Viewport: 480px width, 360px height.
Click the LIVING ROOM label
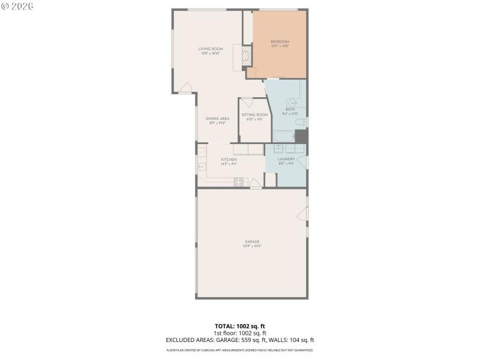(x=211, y=49)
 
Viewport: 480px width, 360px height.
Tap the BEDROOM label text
(x=280, y=41)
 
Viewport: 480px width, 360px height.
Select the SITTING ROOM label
(x=254, y=115)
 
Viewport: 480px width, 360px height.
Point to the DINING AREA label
(x=217, y=118)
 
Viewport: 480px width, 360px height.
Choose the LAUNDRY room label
(x=286, y=159)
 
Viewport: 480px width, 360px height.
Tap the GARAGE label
(x=251, y=241)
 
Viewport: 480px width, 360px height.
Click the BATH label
(x=290, y=109)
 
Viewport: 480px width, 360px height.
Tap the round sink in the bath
(x=291, y=102)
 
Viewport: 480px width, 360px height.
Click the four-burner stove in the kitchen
(x=239, y=181)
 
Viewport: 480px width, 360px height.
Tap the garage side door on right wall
(x=305, y=213)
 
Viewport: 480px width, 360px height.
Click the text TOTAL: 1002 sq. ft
(x=240, y=326)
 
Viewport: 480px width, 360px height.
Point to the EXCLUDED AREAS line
(x=240, y=340)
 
